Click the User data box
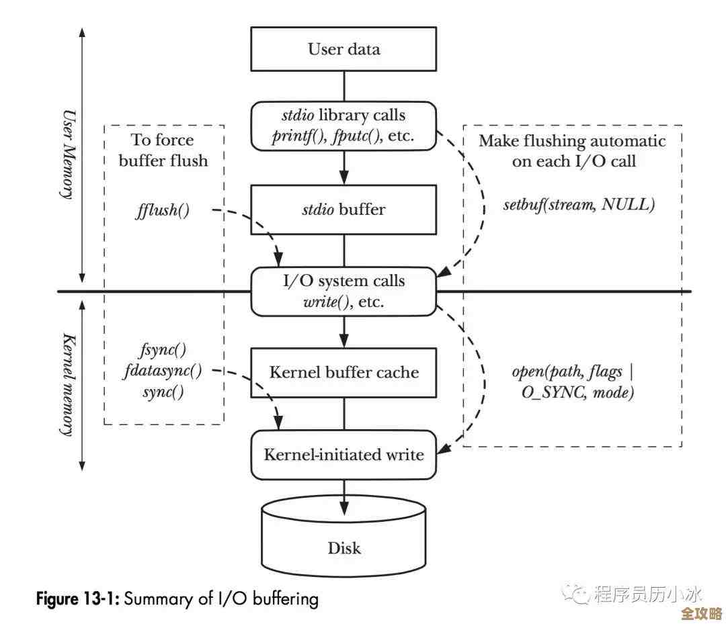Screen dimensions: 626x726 coord(344,49)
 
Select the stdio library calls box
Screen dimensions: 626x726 coord(344,126)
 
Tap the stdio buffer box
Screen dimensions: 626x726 coord(344,210)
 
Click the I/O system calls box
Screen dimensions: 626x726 coord(344,291)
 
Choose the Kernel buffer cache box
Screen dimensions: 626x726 coord(344,372)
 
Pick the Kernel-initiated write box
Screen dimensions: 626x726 coord(344,455)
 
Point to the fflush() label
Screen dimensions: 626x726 coord(163,210)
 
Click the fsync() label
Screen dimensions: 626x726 coord(163,350)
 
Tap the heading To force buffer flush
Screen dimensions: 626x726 coord(163,150)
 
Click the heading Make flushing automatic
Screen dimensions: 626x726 coord(572,141)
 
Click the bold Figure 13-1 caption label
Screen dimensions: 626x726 coord(77,598)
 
